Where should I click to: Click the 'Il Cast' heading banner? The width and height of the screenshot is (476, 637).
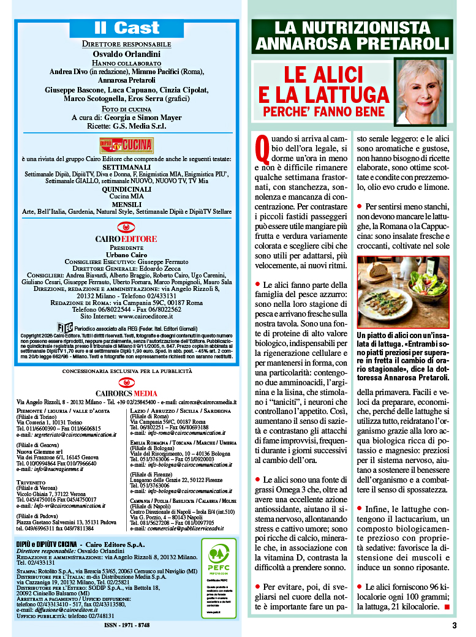pyautogui.click(x=126, y=28)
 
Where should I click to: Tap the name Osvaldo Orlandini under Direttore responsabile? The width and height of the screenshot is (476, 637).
pyautogui.click(x=126, y=53)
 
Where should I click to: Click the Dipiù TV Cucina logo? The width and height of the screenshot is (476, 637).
pyautogui.click(x=126, y=145)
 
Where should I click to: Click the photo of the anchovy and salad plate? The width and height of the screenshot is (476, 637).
pyautogui.click(x=403, y=292)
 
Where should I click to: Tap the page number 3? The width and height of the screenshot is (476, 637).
pyautogui.click(x=455, y=625)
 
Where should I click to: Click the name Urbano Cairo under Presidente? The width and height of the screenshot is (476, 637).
pyautogui.click(x=126, y=254)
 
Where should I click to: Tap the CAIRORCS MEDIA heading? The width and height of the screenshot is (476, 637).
pyautogui.click(x=126, y=393)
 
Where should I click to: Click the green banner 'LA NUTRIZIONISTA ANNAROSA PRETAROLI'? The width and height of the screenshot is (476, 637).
pyautogui.click(x=352, y=36)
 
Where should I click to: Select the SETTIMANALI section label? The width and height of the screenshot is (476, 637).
pyautogui.click(x=126, y=167)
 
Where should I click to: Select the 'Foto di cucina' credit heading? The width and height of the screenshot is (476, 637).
pyautogui.click(x=126, y=108)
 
